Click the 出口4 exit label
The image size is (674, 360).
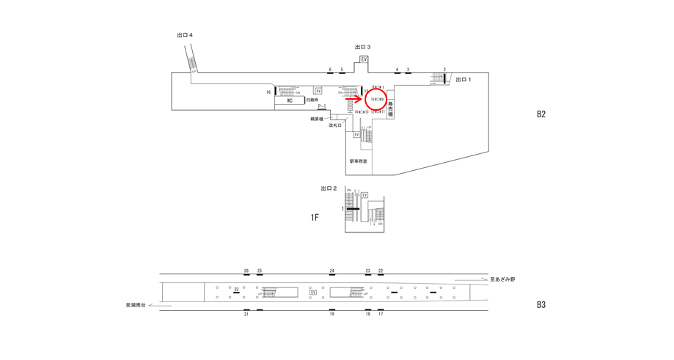pyautogui.click(x=185, y=34)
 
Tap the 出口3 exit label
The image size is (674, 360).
pyautogui.click(x=362, y=47)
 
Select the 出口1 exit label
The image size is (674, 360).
pyautogui.click(x=464, y=79)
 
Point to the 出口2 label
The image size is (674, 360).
pyautogui.click(x=329, y=188)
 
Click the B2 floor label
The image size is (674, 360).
pyautogui.click(x=541, y=114)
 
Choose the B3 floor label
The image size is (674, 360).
pyautogui.click(x=541, y=305)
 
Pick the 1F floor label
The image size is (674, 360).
pyautogui.click(x=315, y=218)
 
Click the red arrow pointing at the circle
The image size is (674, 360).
pyautogui.click(x=354, y=98)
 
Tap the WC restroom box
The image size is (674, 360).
pyautogui.click(x=290, y=100)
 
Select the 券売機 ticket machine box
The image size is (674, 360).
pyautogui.click(x=390, y=109)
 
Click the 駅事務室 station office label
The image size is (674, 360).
pyautogui.click(x=359, y=161)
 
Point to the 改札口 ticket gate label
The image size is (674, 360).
pyautogui.click(x=335, y=125)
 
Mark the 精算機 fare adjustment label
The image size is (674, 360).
pyautogui.click(x=317, y=119)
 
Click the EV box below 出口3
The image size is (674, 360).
pyautogui.click(x=364, y=59)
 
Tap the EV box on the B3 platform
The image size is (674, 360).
pyautogui.click(x=313, y=293)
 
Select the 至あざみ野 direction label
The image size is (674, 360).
pyautogui.click(x=502, y=279)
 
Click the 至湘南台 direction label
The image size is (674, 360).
pyautogui.click(x=136, y=305)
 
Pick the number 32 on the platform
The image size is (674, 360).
pyautogui.click(x=236, y=290)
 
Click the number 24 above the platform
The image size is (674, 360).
pyautogui.click(x=331, y=271)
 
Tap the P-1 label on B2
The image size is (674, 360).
pyautogui.click(x=321, y=106)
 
